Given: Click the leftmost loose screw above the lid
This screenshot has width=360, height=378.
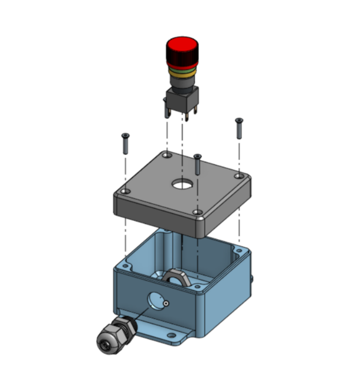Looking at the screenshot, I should point(125,143).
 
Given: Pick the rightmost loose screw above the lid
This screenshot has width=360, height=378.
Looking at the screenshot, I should point(238,128).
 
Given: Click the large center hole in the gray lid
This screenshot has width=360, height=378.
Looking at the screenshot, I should point(182,184).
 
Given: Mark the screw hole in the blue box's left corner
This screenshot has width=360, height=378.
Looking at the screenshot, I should point(125,267).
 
